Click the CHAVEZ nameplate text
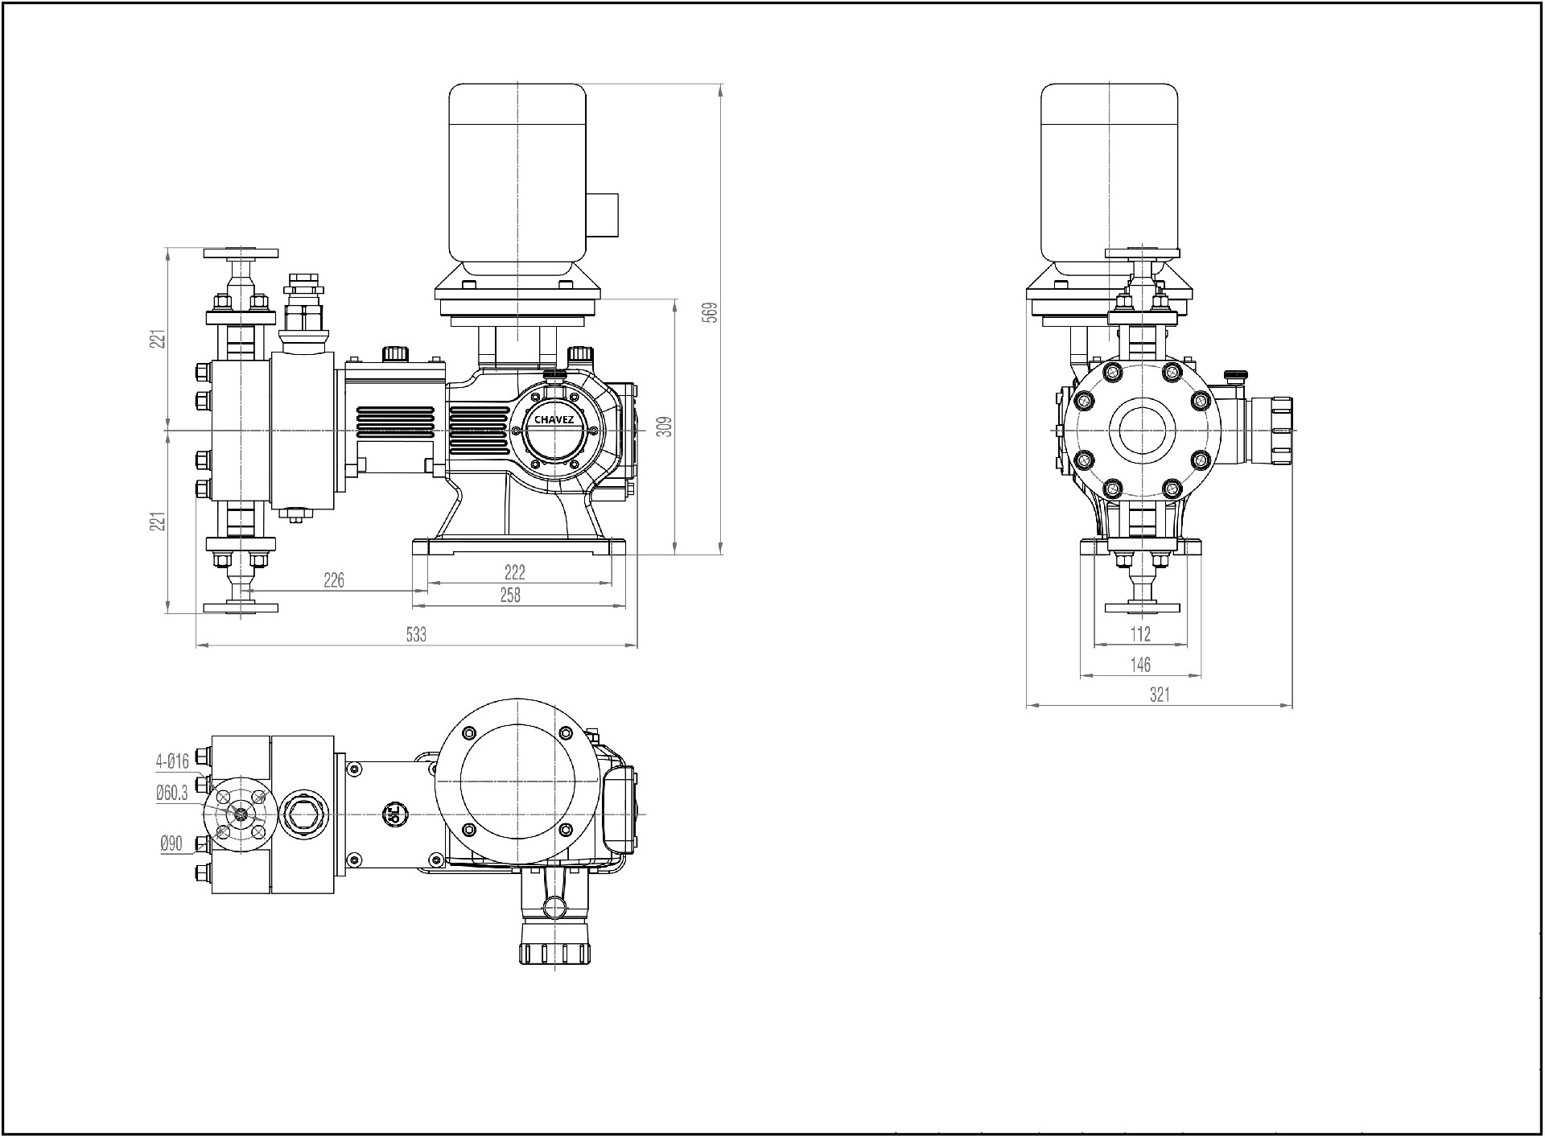(x=554, y=419)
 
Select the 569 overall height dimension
(x=710, y=312)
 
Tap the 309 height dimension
(x=664, y=427)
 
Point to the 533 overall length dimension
(x=416, y=634)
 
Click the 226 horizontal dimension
(x=334, y=579)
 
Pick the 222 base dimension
(x=515, y=571)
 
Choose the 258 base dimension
(x=510, y=595)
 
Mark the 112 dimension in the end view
(x=1141, y=634)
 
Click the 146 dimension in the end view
(x=1141, y=665)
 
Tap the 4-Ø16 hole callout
(x=172, y=761)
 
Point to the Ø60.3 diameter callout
(x=171, y=794)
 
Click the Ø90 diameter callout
(x=171, y=843)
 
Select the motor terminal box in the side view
(x=602, y=215)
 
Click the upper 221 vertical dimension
(x=161, y=338)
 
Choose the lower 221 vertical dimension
(x=161, y=521)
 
